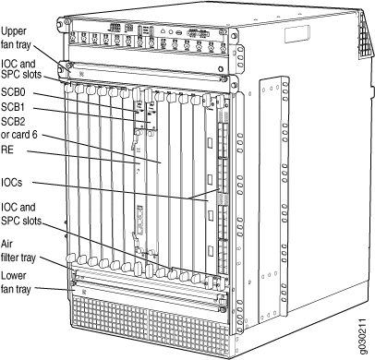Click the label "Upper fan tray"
16,38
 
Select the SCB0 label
13,92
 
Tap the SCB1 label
13,107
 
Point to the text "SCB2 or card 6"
19,128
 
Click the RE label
7,150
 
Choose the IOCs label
12,183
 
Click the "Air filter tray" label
18,251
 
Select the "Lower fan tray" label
16,282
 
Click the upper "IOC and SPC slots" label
21,69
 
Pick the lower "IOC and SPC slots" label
21,213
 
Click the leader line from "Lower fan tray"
53,290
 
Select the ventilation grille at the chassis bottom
151,326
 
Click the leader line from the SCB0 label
85,102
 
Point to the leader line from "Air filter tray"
58,264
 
